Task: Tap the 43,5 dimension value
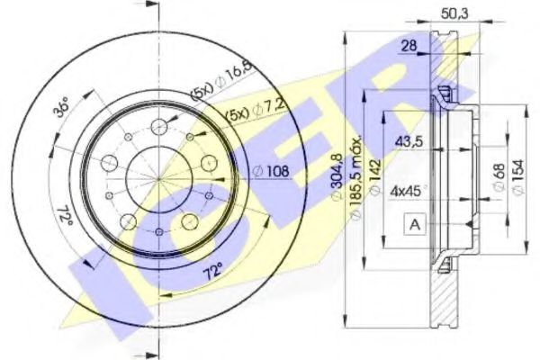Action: click(410, 141)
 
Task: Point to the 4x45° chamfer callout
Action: click(409, 191)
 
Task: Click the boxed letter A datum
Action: click(415, 223)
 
